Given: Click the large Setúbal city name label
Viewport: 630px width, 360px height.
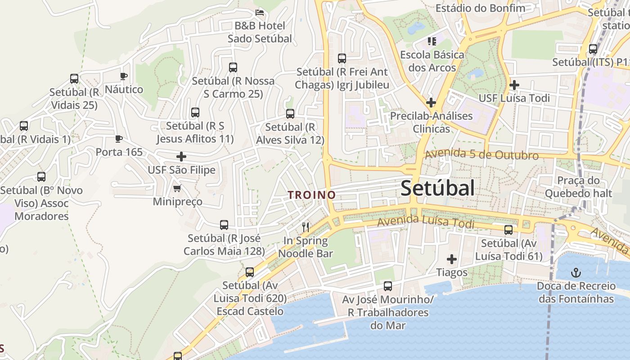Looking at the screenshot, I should tap(437, 188).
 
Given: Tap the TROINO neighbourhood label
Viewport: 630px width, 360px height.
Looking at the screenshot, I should tap(312, 195).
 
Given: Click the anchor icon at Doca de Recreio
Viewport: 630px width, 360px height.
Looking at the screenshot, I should tap(576, 272).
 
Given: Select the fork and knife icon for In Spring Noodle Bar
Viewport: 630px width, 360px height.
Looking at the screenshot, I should tap(306, 227).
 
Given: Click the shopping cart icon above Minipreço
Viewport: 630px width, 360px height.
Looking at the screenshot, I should tap(177, 188).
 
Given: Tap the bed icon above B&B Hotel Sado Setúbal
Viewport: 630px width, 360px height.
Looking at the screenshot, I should tap(260, 12).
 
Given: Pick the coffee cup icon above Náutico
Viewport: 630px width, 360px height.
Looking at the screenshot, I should tap(124, 76).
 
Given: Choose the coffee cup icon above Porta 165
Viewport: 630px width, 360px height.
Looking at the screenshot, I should tap(118, 139).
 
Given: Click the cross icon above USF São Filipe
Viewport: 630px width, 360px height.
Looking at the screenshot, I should tap(181, 157).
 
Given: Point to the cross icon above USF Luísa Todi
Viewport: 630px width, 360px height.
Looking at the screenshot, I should tap(514, 85).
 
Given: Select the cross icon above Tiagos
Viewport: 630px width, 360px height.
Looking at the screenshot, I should tap(451, 259).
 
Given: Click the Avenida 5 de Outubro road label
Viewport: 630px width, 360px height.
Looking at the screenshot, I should tap(481, 154).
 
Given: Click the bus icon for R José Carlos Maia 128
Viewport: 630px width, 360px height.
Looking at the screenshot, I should tap(224, 225).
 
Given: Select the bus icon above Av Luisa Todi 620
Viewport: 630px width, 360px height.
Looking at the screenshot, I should tap(249, 272).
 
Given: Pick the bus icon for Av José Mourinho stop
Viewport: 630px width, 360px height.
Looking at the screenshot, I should tap(387, 286).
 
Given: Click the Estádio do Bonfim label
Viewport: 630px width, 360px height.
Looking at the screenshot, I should tap(480, 8).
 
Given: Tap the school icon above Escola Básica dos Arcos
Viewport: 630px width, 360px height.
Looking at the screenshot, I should tap(432, 42).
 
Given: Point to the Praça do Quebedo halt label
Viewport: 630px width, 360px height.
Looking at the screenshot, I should tap(578, 187).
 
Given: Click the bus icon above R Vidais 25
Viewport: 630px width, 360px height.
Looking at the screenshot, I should tap(74, 79).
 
